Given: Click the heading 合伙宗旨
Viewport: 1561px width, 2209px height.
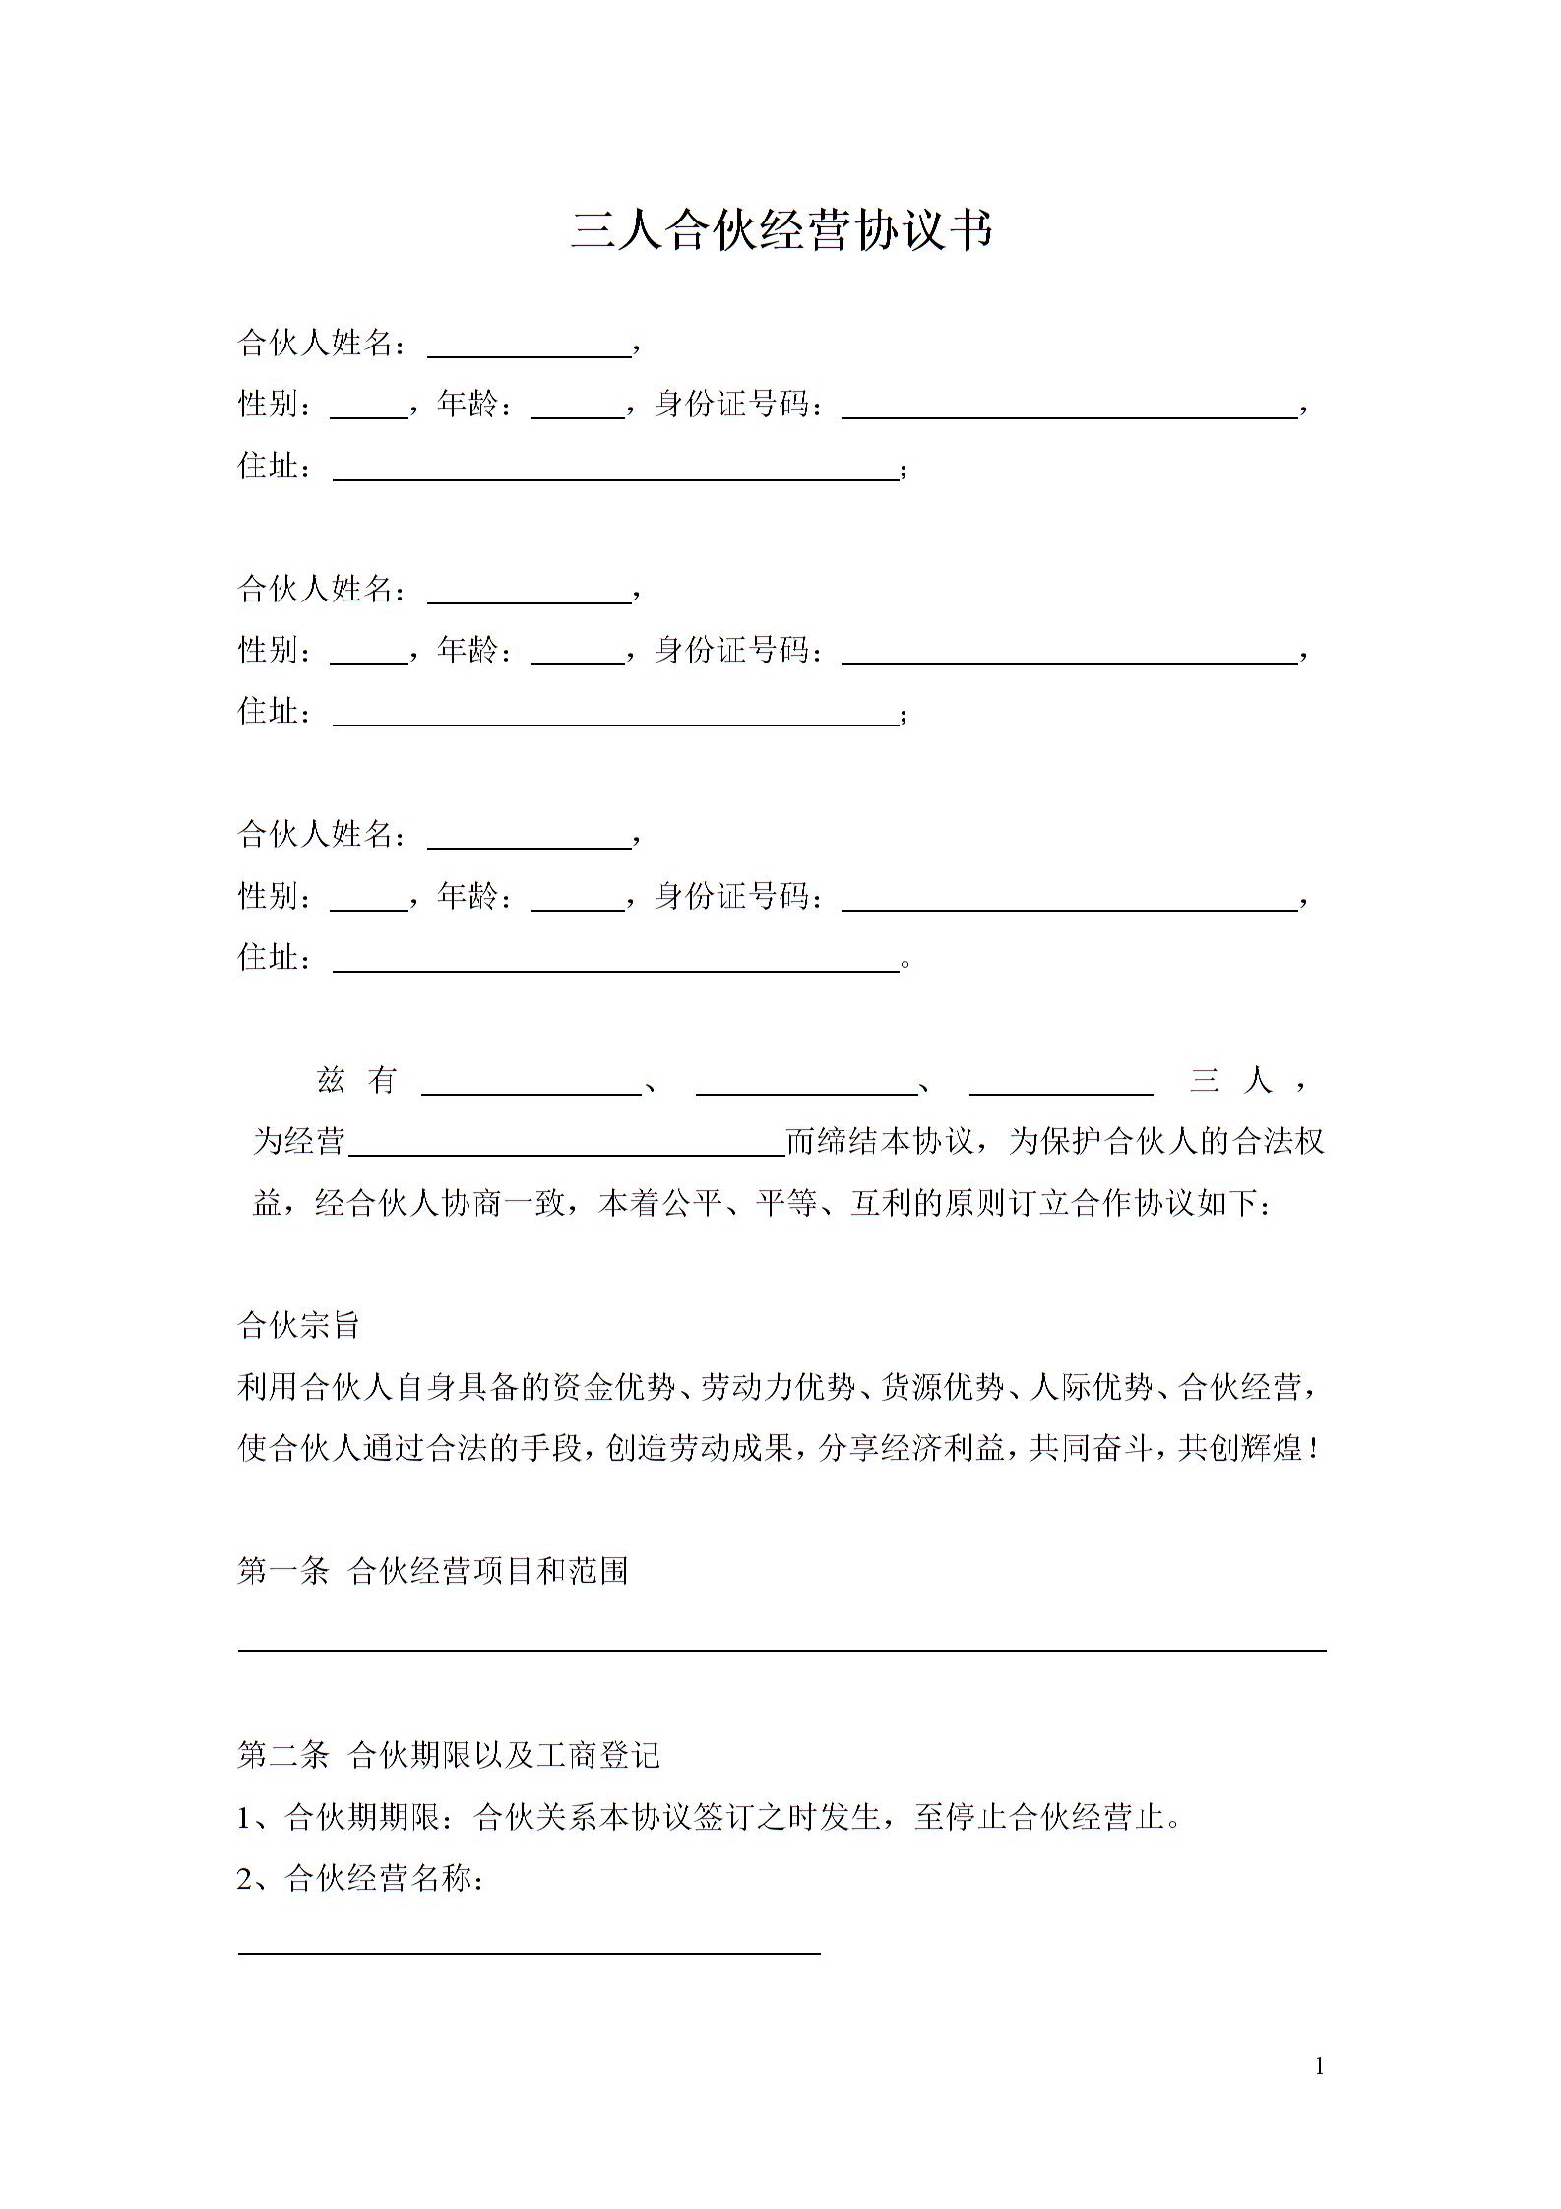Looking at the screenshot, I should click(x=299, y=1325).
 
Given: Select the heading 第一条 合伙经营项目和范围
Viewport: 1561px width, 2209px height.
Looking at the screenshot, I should click(x=433, y=1571).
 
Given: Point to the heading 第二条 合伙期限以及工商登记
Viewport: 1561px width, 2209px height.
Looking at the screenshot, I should click(x=449, y=1755).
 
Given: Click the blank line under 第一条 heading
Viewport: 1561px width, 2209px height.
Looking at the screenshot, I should click(x=781, y=1649).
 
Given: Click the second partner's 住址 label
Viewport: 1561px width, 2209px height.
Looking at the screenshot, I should click(x=276, y=711).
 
